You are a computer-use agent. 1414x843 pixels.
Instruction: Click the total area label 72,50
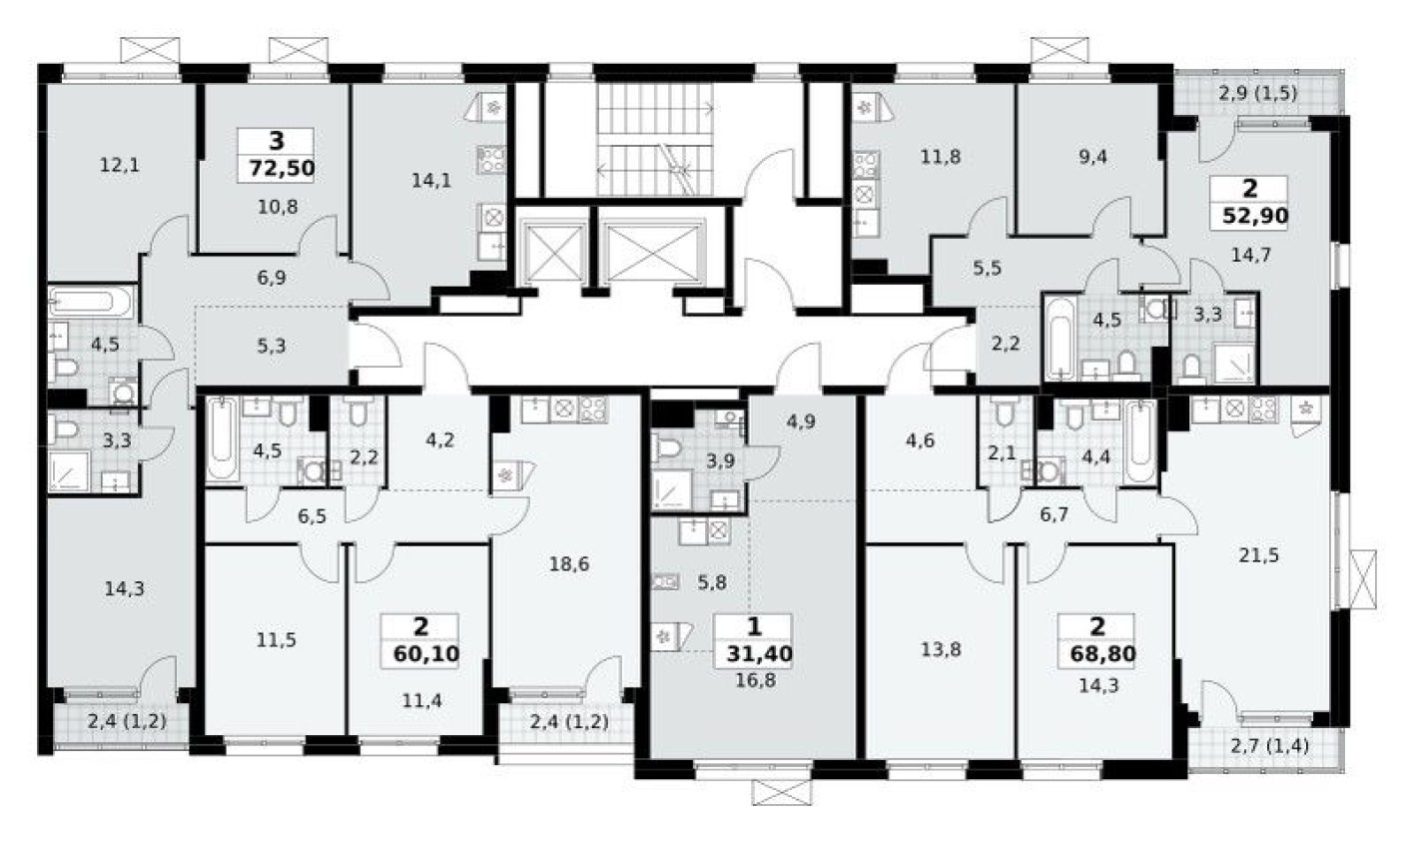277,167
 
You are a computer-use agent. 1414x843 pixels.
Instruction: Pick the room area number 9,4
1087,155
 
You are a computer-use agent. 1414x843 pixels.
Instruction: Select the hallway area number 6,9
271,279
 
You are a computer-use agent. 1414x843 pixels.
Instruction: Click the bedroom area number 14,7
1251,254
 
